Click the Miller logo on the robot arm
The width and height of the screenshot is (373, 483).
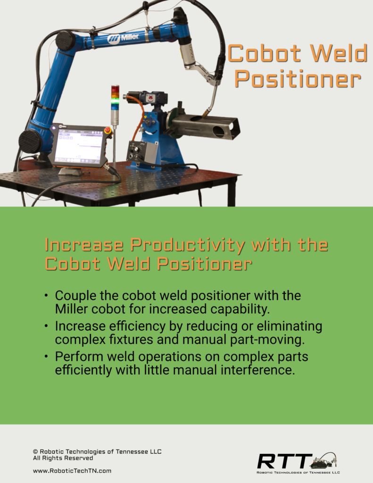pos(123,38)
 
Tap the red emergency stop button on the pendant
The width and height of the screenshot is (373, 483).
pos(108,131)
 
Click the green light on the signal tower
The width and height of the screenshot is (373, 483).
pos(115,101)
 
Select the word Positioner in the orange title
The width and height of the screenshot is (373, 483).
pos(298,79)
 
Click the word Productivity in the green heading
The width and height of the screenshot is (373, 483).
pos(187,245)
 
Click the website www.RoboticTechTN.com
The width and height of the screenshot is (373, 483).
pos(72,471)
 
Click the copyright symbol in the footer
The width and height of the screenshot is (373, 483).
pos(35,451)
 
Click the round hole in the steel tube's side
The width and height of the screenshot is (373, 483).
pos(219,132)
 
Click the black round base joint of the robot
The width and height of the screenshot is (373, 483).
pos(30,141)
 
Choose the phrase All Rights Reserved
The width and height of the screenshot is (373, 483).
pos(63,458)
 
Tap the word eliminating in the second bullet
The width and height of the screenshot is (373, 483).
pos(289,326)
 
